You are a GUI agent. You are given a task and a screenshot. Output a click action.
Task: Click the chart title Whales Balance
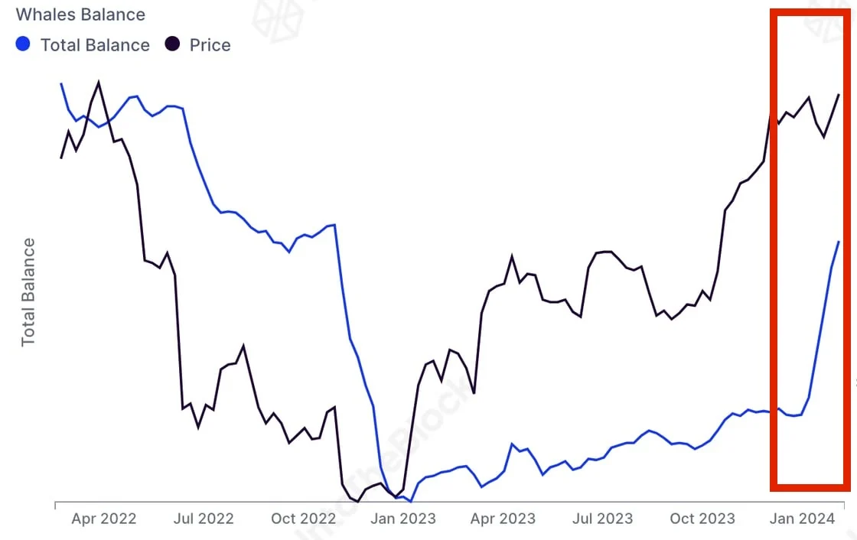(x=80, y=14)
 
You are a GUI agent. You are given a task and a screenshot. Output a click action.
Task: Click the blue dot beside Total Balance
(x=23, y=44)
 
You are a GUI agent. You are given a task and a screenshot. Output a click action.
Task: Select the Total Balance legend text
(x=95, y=45)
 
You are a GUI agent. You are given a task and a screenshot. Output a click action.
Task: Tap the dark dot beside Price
(x=173, y=44)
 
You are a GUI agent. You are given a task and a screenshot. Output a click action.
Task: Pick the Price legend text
(x=210, y=45)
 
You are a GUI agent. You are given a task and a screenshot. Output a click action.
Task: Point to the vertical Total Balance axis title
(x=28, y=292)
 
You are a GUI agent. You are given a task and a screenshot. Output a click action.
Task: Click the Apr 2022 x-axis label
(x=103, y=519)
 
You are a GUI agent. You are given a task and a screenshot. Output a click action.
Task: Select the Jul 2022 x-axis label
(x=204, y=519)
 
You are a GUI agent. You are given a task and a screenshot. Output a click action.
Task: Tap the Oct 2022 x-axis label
(x=304, y=519)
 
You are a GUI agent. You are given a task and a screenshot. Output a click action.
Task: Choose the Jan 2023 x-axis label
(x=403, y=519)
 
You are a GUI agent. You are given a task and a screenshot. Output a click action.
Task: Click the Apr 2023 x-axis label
(x=503, y=519)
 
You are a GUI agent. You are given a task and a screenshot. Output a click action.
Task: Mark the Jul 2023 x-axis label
(x=603, y=519)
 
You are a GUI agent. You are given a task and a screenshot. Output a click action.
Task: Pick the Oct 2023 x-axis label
(x=702, y=519)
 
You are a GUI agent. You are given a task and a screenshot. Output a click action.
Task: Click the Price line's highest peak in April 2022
(x=99, y=82)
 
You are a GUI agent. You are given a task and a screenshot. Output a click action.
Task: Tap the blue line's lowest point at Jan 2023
(x=411, y=502)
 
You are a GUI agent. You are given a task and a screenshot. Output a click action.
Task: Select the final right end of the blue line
(x=839, y=242)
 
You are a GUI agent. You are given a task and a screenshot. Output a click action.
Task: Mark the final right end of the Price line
(x=839, y=95)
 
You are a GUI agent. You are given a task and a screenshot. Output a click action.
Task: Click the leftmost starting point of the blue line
(x=61, y=83)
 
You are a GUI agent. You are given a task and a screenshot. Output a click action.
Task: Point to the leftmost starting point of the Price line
(x=61, y=158)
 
